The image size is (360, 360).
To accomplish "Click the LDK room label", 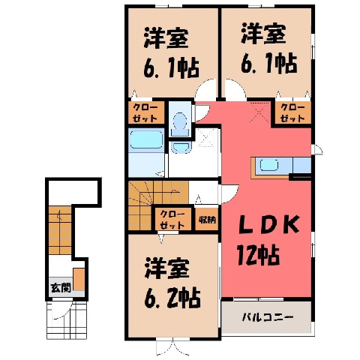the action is [268, 224].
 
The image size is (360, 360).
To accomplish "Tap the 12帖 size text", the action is [258, 255].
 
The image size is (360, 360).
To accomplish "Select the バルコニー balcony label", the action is [268, 317].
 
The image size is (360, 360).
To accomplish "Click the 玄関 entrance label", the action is [61, 288].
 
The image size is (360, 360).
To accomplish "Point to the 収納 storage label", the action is [207, 220].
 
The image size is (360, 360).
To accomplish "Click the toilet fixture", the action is [180, 123].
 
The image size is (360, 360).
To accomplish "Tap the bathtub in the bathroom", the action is [146, 139].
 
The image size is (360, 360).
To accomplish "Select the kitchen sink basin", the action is [269, 165].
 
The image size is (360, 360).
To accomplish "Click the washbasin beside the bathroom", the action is [181, 147].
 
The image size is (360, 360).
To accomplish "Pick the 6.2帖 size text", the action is [172, 298].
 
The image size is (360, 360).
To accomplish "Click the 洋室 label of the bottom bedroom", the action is [166, 269].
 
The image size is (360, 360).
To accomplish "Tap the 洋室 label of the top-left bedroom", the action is [166, 39].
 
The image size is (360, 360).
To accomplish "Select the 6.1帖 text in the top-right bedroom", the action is [269, 64].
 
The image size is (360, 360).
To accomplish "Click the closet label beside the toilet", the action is [145, 113].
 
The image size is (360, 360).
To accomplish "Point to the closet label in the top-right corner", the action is [292, 113].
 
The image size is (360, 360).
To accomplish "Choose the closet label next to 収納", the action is [172, 220].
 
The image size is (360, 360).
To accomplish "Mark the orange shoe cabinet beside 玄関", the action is [79, 279].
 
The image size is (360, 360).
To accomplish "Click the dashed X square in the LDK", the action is [260, 112].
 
